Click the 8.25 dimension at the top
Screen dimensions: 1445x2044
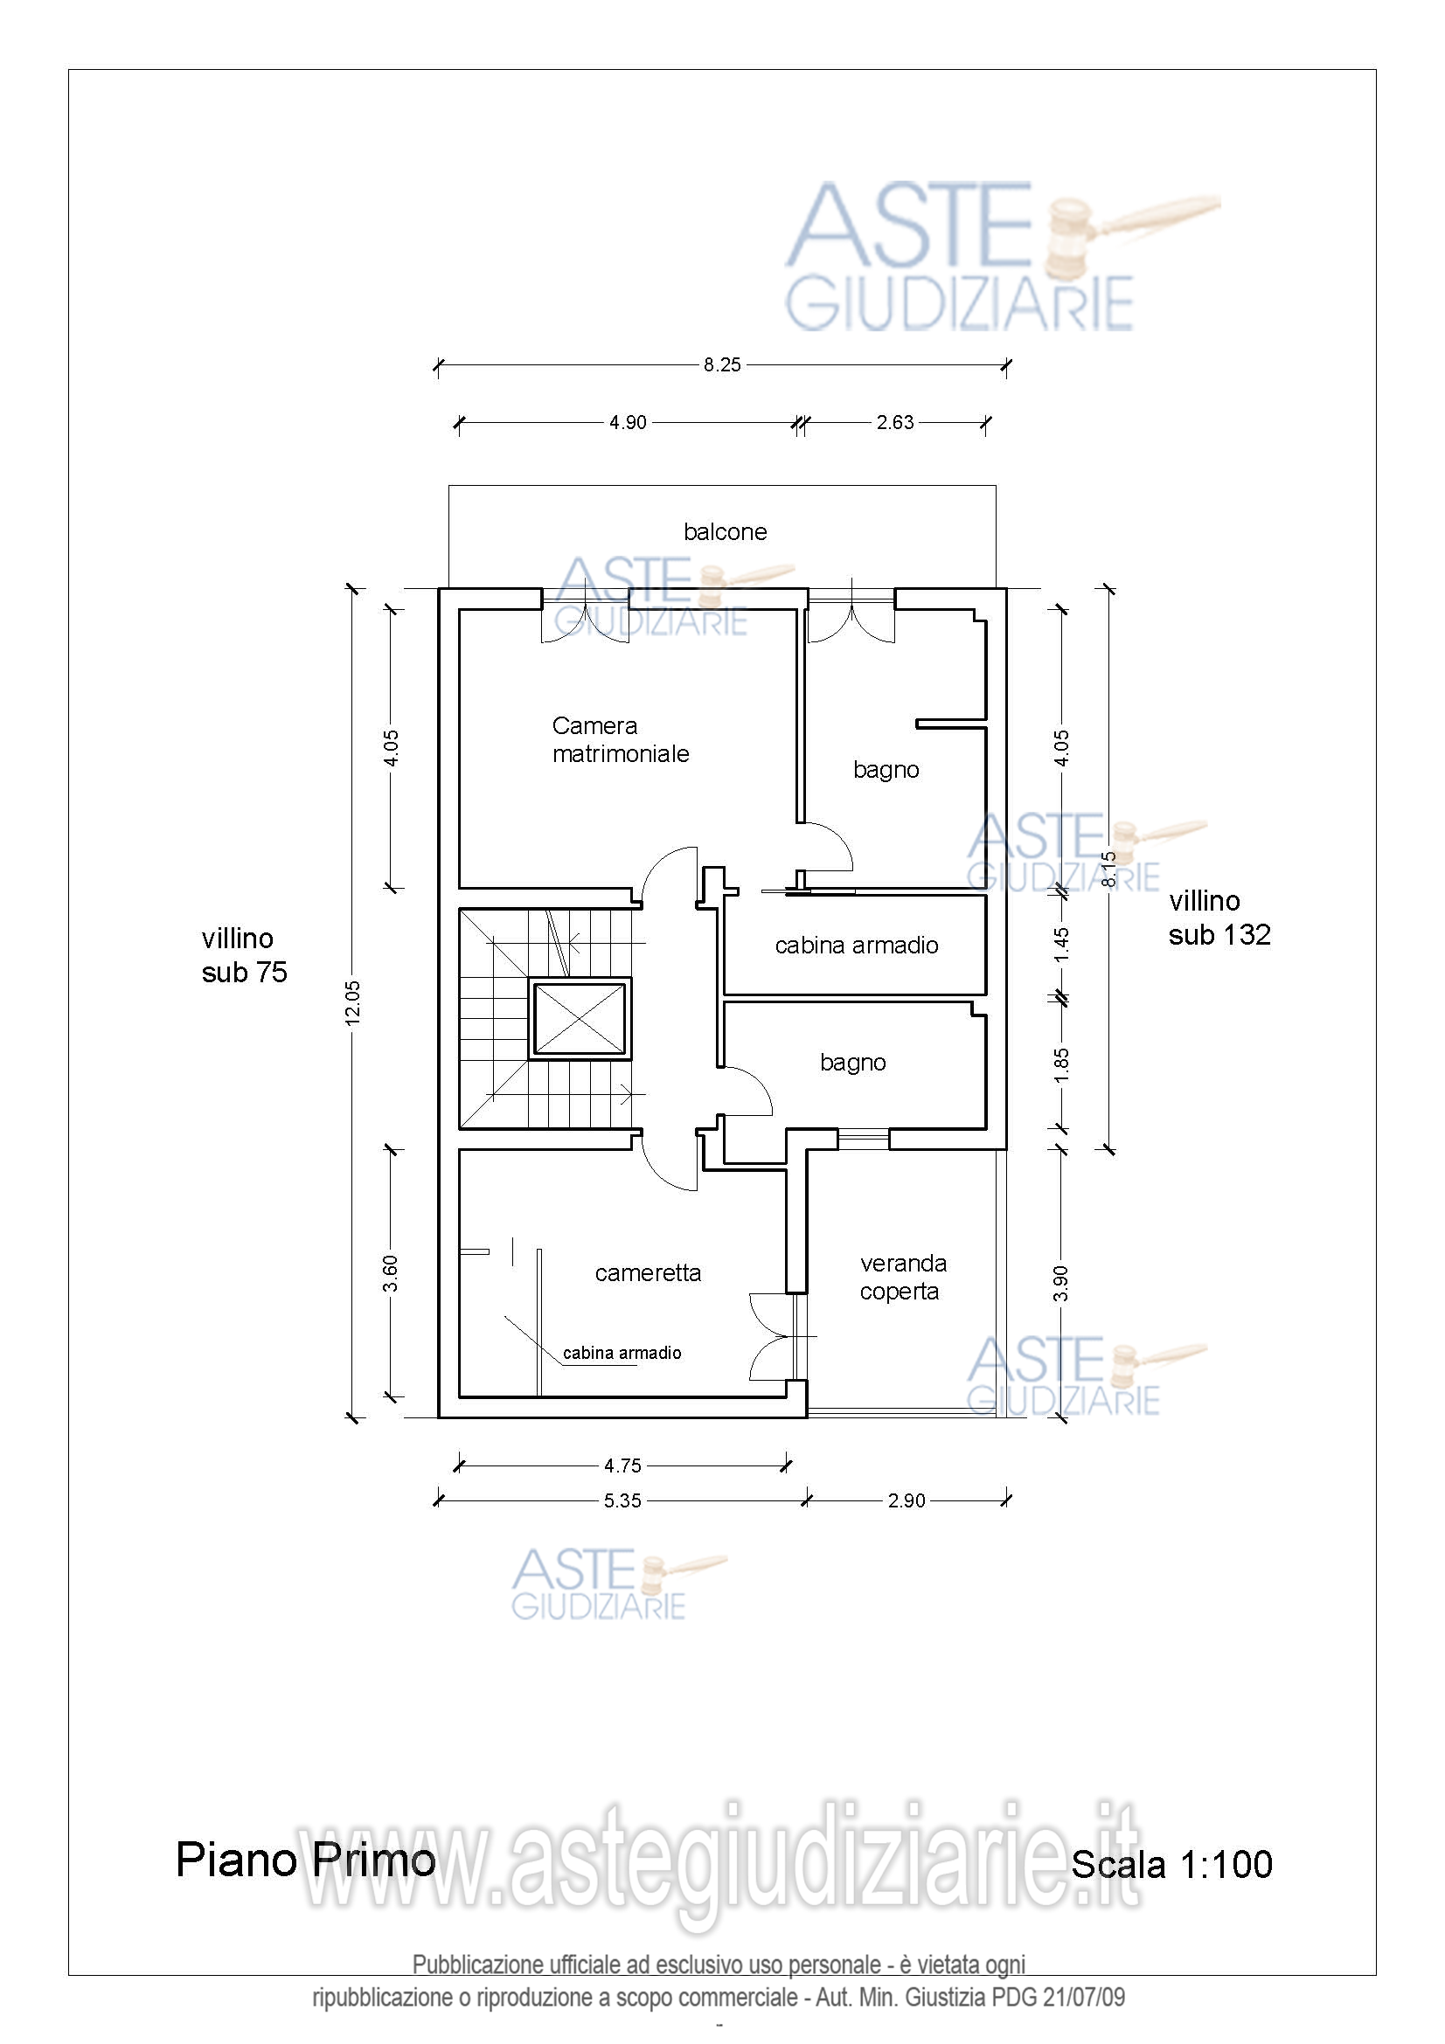[721, 364]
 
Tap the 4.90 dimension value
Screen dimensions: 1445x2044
[628, 422]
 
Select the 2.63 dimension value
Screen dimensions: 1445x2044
[895, 422]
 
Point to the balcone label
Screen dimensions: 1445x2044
[725, 531]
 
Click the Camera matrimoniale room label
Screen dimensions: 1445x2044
[621, 739]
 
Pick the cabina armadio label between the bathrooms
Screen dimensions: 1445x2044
[857, 945]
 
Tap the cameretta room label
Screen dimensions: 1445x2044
[647, 1273]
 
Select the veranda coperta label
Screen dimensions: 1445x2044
[903, 1277]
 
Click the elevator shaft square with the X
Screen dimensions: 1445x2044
[580, 1018]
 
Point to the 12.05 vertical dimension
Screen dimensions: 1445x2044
[353, 1002]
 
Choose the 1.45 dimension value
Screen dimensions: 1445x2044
[1061, 945]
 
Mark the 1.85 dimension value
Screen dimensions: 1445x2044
[1061, 1064]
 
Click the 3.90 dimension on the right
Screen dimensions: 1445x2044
[1061, 1283]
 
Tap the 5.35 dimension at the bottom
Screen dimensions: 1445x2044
[622, 1500]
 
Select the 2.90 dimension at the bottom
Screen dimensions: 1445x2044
[907, 1500]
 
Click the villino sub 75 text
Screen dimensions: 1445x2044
[244, 954]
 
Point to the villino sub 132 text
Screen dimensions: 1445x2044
[1219, 917]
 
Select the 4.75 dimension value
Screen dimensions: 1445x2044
[622, 1465]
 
